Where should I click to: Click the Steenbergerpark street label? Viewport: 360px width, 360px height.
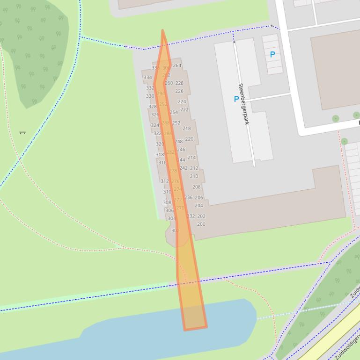pos(243,104)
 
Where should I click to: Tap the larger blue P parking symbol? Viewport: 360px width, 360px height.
pos(236,99)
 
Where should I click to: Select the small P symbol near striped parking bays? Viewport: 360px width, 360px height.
pos(272,54)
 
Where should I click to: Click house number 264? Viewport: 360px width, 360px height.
pos(177,65)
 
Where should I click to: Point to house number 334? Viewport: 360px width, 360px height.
pos(147,78)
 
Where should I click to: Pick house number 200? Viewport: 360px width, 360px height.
pos(201,224)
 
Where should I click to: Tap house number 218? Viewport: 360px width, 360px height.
pos(187,129)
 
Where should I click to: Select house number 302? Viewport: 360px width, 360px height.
pos(175,230)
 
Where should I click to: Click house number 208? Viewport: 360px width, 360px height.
pos(196,187)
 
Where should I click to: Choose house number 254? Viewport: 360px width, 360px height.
pos(174,113)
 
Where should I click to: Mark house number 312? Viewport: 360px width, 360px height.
pos(164,181)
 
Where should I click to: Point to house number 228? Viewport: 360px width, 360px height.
pos(179,83)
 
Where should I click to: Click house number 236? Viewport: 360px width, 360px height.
pos(188,198)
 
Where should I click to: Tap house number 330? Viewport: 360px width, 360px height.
pos(150,96)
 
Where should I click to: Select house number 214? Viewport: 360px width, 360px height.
pos(191,158)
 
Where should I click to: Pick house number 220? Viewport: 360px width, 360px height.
pos(189,139)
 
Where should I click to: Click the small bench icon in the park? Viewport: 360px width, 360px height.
pos(22,133)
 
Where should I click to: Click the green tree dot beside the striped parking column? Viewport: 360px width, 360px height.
pos(344,141)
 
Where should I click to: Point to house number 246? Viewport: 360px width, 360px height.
pos(181,150)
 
